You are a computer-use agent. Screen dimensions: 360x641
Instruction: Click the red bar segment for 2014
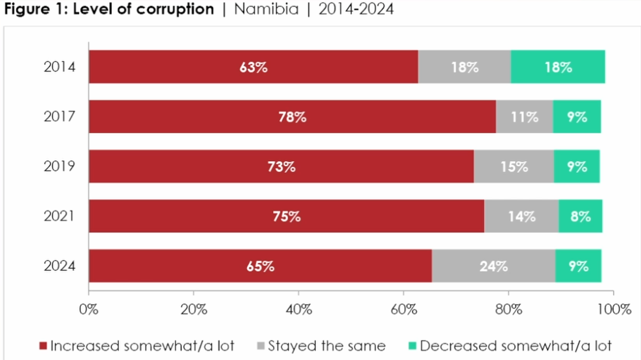[x=253, y=67]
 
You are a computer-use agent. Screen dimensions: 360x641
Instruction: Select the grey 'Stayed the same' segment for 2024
[x=493, y=266]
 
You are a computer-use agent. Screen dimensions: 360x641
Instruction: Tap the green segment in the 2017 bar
[x=577, y=117]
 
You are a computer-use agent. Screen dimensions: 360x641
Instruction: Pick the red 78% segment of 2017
[x=292, y=117]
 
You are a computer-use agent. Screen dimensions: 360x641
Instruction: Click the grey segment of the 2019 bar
[x=514, y=166]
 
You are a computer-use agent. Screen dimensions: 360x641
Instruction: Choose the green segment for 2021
[x=580, y=216]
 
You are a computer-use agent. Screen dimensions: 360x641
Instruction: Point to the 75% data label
[x=286, y=217]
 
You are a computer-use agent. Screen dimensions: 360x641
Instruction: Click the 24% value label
[x=493, y=266]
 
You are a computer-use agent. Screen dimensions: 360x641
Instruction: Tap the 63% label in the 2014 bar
[x=253, y=67]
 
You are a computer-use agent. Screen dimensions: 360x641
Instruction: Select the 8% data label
[x=580, y=217]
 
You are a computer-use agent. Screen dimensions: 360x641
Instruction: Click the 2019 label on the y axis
[x=59, y=167]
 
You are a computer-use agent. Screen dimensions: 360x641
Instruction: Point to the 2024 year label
[x=59, y=266]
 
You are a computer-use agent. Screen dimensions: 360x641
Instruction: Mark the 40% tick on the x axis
[x=298, y=310]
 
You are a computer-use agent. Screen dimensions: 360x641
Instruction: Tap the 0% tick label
[x=89, y=310]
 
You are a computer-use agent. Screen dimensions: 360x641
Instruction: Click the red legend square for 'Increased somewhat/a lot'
[x=43, y=346]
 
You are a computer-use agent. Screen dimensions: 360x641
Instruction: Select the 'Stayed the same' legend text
[x=326, y=346]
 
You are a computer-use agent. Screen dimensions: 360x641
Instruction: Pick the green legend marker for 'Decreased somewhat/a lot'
[x=412, y=346]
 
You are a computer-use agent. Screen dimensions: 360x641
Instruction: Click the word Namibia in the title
[x=266, y=9]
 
